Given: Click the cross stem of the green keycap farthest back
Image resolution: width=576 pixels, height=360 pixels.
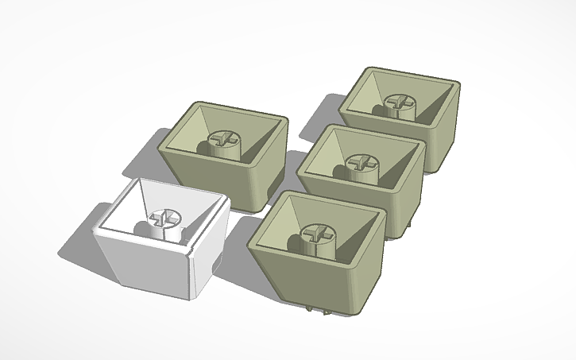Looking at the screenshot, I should click(397, 103).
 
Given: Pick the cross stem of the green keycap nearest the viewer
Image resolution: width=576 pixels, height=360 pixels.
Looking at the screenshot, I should click(315, 234).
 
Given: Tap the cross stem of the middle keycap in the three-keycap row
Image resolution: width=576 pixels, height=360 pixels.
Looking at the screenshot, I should click(360, 162).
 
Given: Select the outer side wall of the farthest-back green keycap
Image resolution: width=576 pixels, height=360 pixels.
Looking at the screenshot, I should click(445, 139).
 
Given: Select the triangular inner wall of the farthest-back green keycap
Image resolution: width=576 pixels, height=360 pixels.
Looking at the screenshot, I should click(373, 91).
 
